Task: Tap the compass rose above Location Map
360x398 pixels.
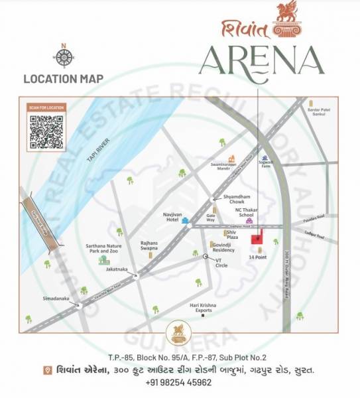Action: (x=64, y=58)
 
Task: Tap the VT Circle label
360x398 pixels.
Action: (x=221, y=262)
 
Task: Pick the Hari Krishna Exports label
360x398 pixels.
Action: (x=202, y=307)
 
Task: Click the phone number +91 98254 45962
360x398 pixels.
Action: (x=180, y=383)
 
